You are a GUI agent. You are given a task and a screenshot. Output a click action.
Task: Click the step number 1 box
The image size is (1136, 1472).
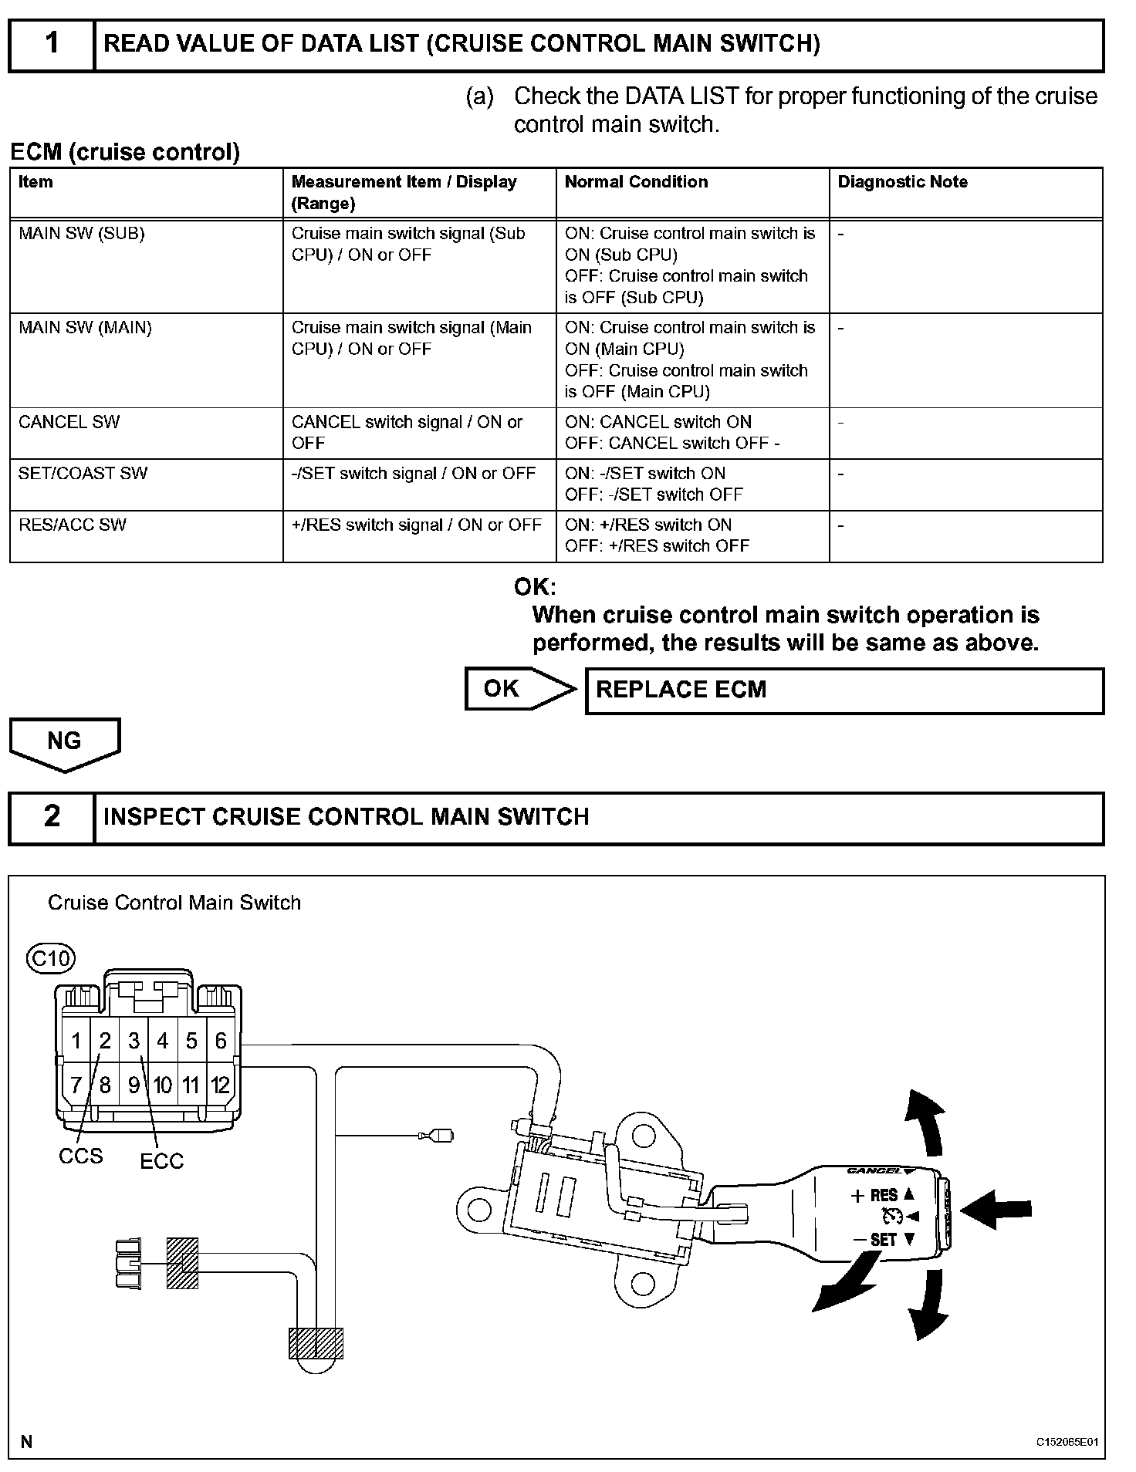(52, 44)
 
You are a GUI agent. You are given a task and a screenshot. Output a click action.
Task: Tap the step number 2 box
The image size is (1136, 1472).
(52, 817)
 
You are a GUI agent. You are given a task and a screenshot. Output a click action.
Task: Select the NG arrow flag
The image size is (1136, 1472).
(65, 742)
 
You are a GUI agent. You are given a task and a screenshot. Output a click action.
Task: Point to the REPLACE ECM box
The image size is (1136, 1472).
(844, 690)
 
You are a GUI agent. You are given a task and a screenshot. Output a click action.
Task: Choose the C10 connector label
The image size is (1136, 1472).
(50, 958)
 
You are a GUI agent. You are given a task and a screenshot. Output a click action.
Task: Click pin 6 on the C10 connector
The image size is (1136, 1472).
(220, 1041)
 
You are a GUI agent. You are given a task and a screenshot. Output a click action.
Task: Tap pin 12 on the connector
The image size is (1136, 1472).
(220, 1085)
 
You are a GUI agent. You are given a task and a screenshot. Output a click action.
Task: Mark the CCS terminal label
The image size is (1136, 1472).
(80, 1156)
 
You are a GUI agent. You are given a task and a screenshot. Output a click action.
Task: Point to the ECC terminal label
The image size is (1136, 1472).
(162, 1161)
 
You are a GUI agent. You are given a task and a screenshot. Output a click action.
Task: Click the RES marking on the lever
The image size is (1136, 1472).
(884, 1196)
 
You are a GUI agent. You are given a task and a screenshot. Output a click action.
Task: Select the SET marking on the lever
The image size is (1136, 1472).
(883, 1240)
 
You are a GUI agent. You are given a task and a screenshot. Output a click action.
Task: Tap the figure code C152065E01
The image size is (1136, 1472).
(1067, 1442)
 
